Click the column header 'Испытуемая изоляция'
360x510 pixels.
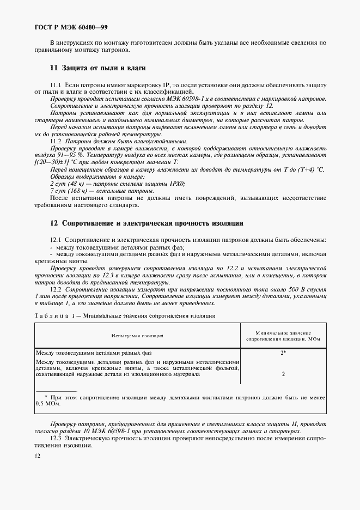[137, 336]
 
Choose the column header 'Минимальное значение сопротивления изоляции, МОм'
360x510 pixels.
[283, 336]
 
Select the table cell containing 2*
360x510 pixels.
[283, 353]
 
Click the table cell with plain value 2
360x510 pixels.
[283, 374]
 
